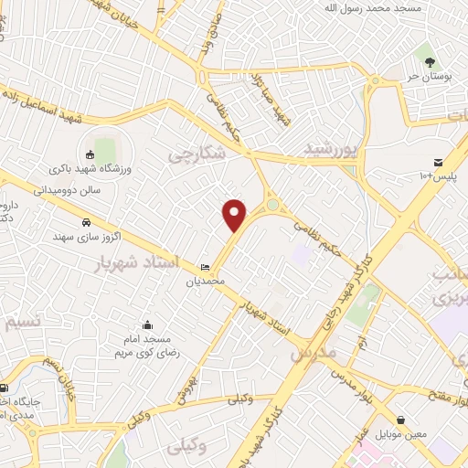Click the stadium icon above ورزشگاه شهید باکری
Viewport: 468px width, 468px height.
90,154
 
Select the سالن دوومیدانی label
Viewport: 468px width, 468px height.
74,190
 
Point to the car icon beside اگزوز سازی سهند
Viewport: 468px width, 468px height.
85,222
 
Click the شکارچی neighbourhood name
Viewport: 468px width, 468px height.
195,154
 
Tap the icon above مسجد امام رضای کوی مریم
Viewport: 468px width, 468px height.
148,324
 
